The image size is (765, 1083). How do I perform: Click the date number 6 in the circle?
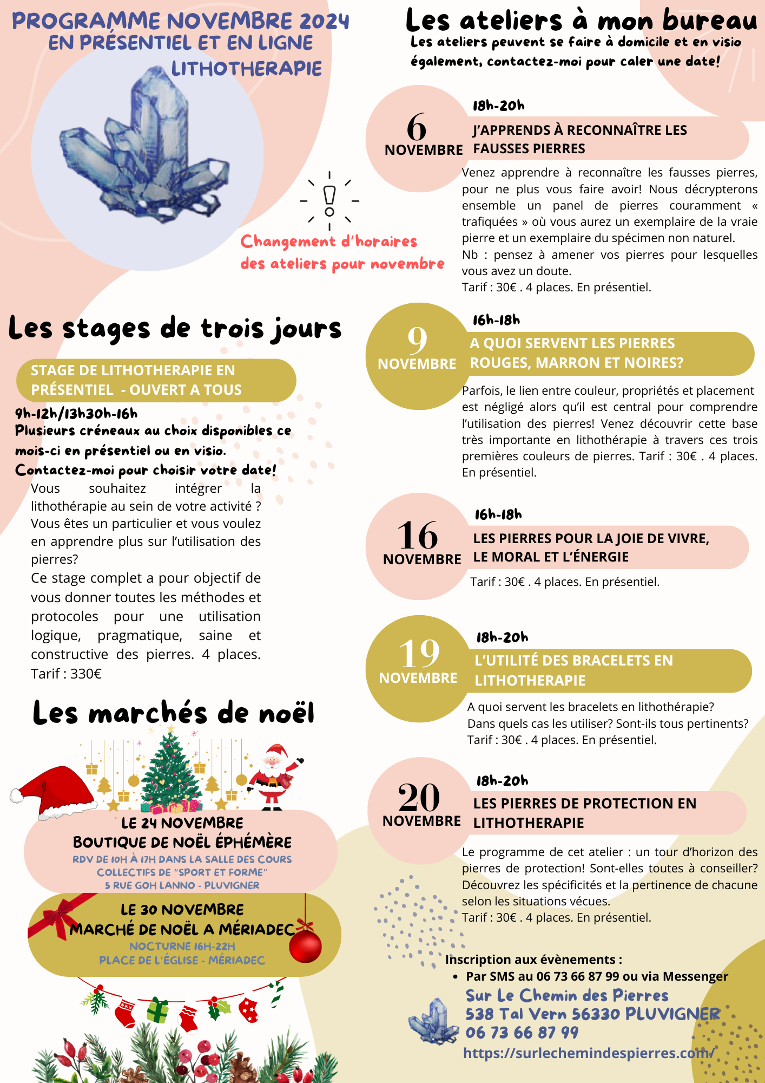[x=417, y=128]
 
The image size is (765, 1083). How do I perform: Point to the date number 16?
[x=417, y=535]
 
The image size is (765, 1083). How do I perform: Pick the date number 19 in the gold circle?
[x=419, y=653]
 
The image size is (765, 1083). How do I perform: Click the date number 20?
[x=419, y=797]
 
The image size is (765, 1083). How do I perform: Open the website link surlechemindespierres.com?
[x=589, y=1053]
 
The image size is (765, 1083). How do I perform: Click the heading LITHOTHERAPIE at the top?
[x=247, y=69]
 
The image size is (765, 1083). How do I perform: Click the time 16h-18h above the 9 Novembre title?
[x=496, y=320]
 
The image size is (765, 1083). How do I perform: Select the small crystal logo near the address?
[x=431, y=1021]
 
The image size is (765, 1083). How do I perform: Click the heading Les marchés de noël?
[x=173, y=713]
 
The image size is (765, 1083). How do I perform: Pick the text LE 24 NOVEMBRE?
[x=182, y=823]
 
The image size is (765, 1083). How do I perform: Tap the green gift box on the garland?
[x=157, y=1010]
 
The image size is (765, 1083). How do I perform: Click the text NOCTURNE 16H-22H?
[x=182, y=947]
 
